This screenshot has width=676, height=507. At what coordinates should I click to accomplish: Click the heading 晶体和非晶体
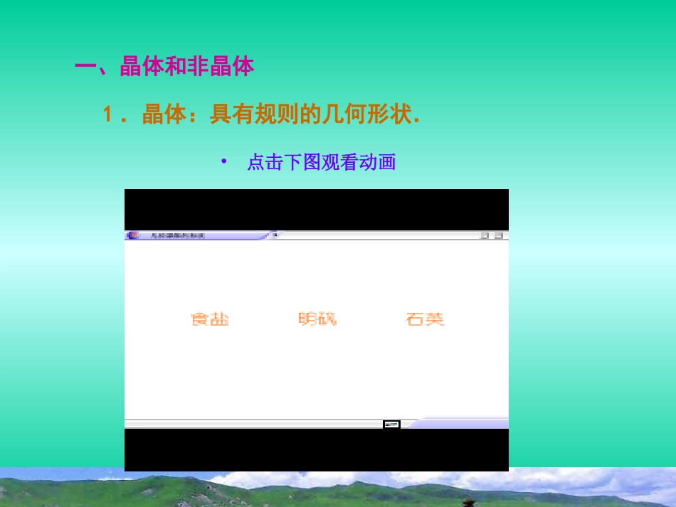[187, 68]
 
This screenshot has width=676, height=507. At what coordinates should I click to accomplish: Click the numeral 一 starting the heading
[85, 68]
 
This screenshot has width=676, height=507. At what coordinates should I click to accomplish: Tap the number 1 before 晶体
[108, 114]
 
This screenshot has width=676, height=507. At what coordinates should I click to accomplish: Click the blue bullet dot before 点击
[223, 161]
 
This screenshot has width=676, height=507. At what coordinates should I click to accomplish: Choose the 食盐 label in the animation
[210, 319]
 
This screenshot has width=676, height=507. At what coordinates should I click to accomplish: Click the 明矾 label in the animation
[317, 319]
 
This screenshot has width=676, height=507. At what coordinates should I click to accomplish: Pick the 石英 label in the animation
[425, 319]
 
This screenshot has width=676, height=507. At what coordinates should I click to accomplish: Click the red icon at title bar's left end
[132, 235]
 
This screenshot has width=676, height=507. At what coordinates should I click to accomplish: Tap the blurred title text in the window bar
[178, 235]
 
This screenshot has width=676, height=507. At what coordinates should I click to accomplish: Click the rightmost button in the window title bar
[499, 235]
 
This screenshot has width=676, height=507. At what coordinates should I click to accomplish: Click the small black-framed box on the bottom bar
[391, 425]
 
